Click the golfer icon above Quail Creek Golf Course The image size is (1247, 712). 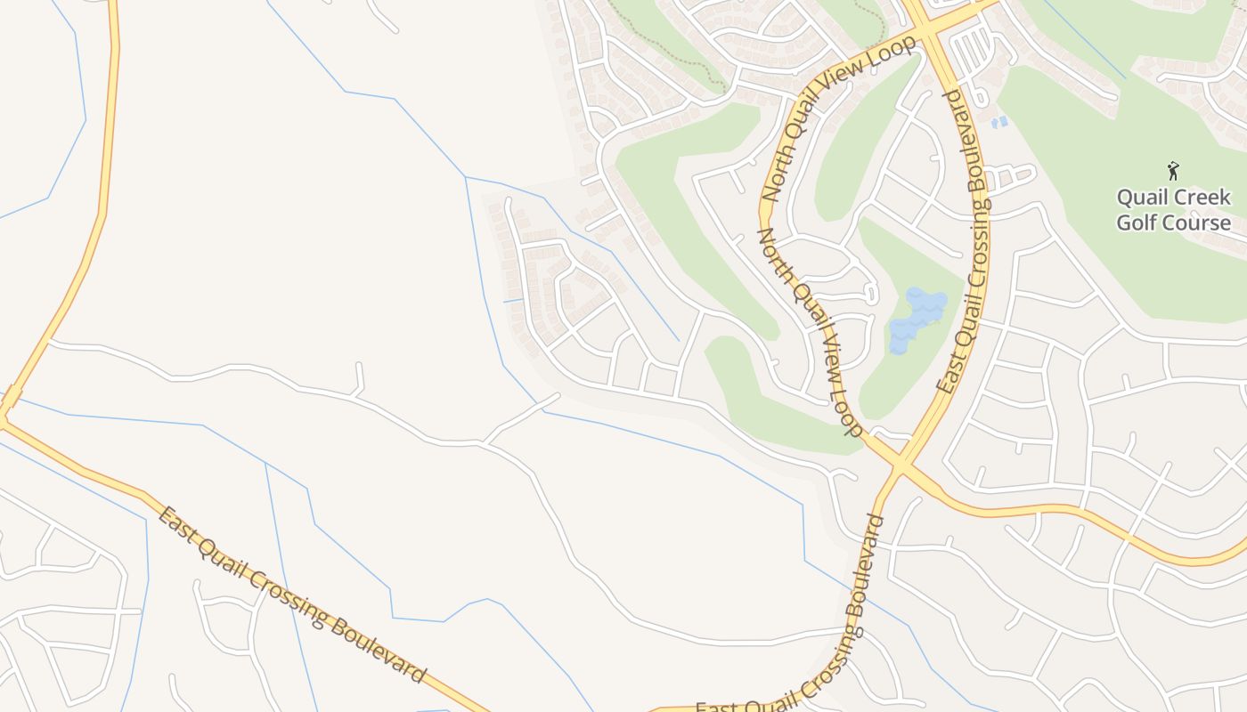1173,169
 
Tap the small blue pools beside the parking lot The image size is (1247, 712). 999,121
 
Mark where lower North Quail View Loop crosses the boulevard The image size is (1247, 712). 902,465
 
